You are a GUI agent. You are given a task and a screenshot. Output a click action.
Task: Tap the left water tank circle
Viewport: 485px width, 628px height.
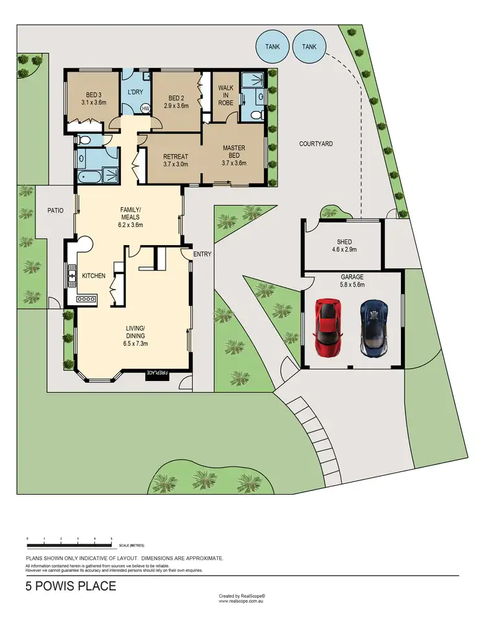[x=272, y=47]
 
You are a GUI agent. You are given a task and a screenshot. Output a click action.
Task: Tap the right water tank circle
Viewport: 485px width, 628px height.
[x=310, y=47]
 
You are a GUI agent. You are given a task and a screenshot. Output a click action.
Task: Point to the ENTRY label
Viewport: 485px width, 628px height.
[x=202, y=254]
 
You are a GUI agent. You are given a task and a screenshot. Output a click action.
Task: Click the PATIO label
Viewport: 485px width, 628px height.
[x=54, y=210]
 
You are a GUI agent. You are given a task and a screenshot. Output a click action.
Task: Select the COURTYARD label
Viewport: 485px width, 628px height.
[x=316, y=144]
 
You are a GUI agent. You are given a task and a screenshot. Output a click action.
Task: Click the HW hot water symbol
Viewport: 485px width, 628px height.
[x=145, y=108]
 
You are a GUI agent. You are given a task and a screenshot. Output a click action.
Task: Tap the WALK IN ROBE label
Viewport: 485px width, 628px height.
[x=226, y=94]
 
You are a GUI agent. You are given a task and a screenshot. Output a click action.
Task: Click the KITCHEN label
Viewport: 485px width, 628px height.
[x=93, y=276]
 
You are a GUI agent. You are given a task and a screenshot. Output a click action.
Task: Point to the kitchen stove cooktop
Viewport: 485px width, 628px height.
[x=85, y=299]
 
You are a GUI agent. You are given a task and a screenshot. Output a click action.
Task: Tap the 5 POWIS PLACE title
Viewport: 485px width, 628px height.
[x=71, y=586]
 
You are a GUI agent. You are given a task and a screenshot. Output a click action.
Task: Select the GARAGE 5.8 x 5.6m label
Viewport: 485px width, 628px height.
[x=352, y=280]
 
